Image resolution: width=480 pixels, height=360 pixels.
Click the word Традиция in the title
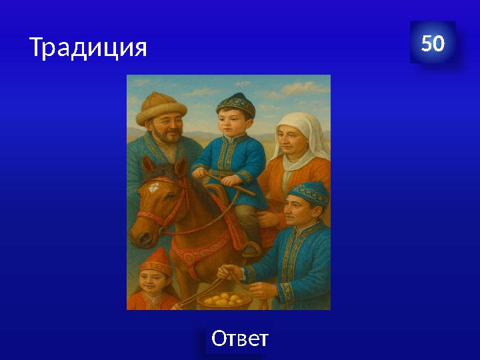tap(87, 47)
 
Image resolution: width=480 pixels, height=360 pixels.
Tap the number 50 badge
tap(433, 43)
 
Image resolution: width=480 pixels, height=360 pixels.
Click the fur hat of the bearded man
tap(161, 109)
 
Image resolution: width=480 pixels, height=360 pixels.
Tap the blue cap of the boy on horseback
tap(235, 104)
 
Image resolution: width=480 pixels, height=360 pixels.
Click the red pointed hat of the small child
tap(156, 261)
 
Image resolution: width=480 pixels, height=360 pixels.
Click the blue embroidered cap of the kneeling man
tap(308, 193)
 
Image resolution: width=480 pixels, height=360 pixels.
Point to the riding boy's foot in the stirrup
tap(251, 249)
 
